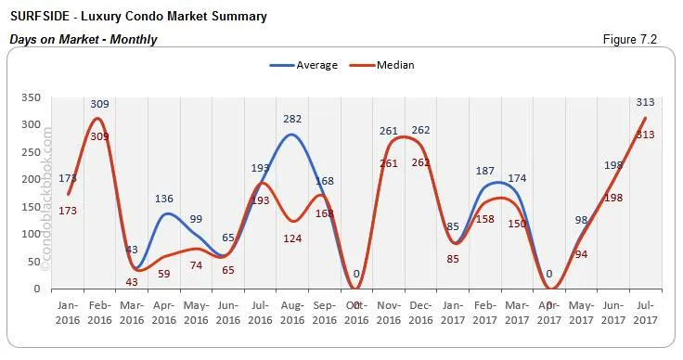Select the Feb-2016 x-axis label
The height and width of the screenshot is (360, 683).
(100, 313)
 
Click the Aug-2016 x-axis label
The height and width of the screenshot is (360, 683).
(293, 313)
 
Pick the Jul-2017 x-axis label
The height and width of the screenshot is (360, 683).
(646, 313)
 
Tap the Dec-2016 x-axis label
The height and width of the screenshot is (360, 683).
(420, 313)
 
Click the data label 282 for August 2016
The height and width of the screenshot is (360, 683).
(293, 119)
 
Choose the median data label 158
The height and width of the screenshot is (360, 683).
(485, 219)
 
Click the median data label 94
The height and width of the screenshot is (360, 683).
(582, 254)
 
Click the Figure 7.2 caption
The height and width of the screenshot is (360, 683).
(636, 39)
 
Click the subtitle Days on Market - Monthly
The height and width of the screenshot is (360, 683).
(84, 39)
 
